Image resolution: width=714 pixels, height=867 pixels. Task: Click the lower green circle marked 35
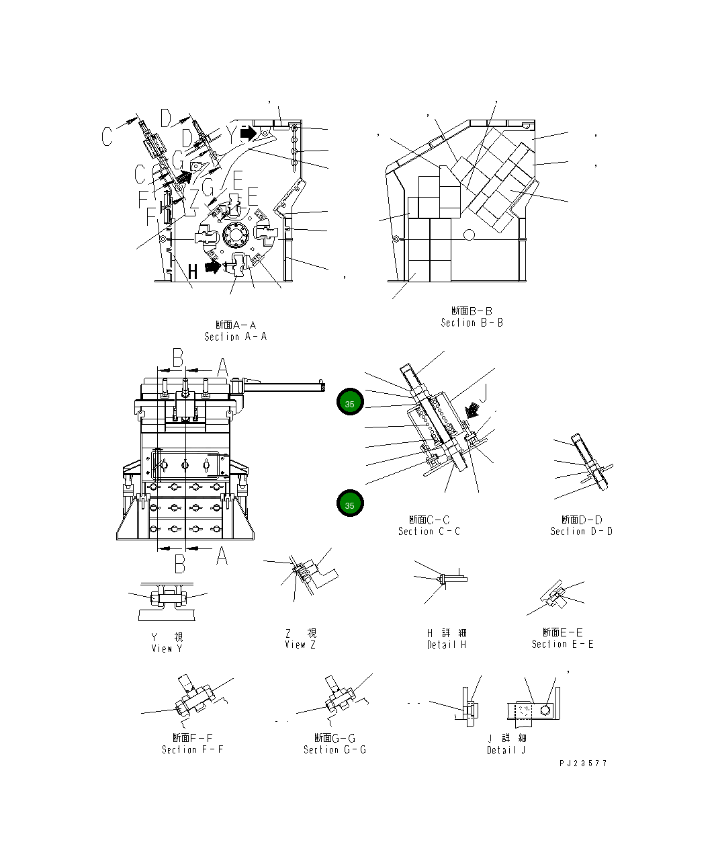click(x=350, y=503)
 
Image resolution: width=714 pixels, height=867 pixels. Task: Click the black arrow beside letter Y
click(x=248, y=133)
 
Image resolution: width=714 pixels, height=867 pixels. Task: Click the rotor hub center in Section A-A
click(x=235, y=237)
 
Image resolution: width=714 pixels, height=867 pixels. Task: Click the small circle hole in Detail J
click(x=545, y=710)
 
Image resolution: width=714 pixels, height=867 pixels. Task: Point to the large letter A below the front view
click(x=221, y=556)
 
